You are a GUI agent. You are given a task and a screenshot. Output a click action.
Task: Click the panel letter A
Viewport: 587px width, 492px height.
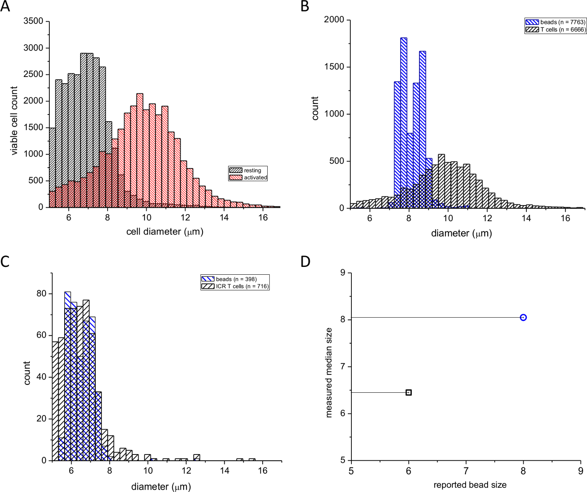point(5,7)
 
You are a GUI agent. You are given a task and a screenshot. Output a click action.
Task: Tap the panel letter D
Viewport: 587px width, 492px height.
point(305,261)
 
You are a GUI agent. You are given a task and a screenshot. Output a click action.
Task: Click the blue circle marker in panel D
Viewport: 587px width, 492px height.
point(523,317)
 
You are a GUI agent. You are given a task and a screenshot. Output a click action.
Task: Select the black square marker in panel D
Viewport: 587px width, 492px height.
point(409,392)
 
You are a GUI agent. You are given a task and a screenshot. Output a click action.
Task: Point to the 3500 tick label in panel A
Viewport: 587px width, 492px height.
point(33,21)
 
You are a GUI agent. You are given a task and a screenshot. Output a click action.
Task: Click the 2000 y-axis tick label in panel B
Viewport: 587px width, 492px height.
point(334,20)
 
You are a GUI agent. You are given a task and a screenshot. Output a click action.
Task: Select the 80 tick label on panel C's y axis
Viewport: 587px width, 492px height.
point(41,293)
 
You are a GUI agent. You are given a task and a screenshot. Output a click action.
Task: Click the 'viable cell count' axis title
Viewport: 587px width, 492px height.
point(14,121)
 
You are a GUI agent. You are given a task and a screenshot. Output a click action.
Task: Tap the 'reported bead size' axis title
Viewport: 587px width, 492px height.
point(470,485)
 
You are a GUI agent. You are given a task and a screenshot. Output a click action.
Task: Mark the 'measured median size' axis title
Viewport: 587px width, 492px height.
point(329,372)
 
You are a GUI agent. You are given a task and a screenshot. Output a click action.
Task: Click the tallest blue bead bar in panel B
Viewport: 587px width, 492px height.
point(404,117)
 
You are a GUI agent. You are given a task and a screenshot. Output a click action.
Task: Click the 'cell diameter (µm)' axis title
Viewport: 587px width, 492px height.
point(165,232)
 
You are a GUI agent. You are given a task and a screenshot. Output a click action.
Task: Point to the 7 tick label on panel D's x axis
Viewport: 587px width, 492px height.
point(466,471)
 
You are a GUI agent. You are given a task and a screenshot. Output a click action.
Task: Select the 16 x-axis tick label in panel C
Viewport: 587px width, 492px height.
point(263,471)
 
